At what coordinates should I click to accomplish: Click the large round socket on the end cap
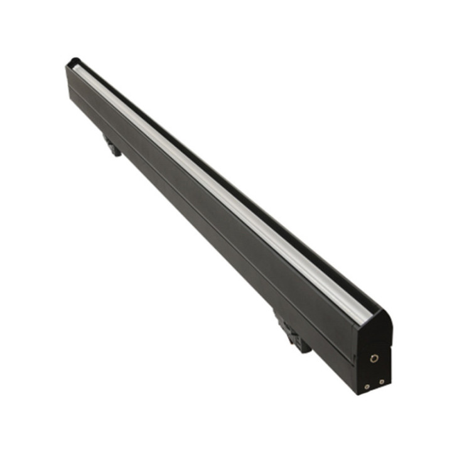click(x=374, y=358)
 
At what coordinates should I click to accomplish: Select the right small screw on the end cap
click(x=382, y=380)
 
